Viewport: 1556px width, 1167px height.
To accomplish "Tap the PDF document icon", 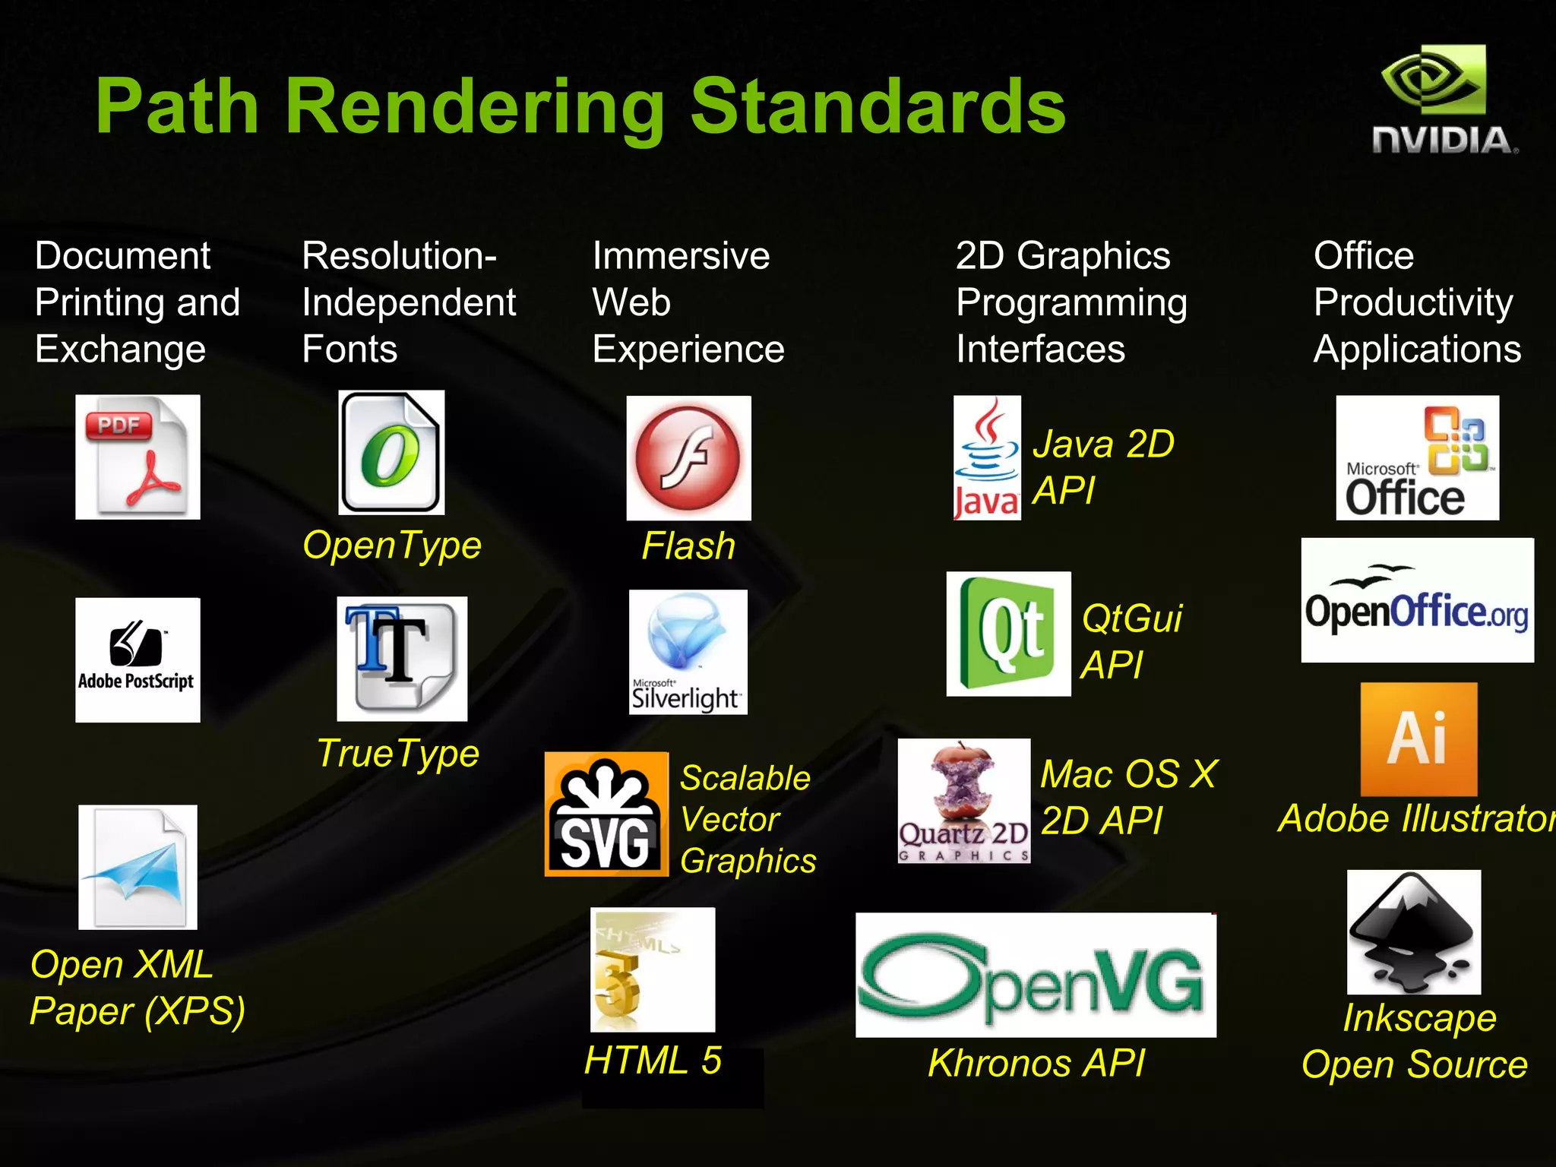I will click(x=138, y=457).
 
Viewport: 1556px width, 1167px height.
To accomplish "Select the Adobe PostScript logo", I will click(x=138, y=659).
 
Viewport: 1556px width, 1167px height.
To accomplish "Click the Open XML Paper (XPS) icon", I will click(x=138, y=867).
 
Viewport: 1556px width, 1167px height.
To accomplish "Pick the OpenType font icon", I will click(x=391, y=452).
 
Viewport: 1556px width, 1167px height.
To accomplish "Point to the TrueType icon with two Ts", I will click(x=402, y=658).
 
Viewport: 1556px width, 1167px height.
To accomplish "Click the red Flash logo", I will click(x=688, y=457).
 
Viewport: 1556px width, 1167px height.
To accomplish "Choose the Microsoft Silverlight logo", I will click(x=688, y=652).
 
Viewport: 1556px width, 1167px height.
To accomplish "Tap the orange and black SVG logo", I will click(x=606, y=814).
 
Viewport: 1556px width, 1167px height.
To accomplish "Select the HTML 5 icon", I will click(x=653, y=969).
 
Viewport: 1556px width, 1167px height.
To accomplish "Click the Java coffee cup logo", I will click(x=987, y=457).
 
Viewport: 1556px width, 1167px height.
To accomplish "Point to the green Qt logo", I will click(x=1008, y=634).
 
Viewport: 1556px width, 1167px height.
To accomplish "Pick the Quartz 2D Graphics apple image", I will click(x=964, y=801).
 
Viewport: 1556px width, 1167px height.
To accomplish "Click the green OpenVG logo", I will click(x=1036, y=975).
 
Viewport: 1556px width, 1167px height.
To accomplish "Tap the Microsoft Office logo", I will click(x=1417, y=457).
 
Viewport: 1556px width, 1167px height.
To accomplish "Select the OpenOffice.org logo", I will click(x=1417, y=600).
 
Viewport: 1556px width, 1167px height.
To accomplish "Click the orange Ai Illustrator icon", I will click(x=1418, y=738).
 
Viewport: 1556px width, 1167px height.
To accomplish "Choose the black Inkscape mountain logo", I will click(x=1414, y=932).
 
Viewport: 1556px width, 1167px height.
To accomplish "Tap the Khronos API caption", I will click(x=1036, y=1062).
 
